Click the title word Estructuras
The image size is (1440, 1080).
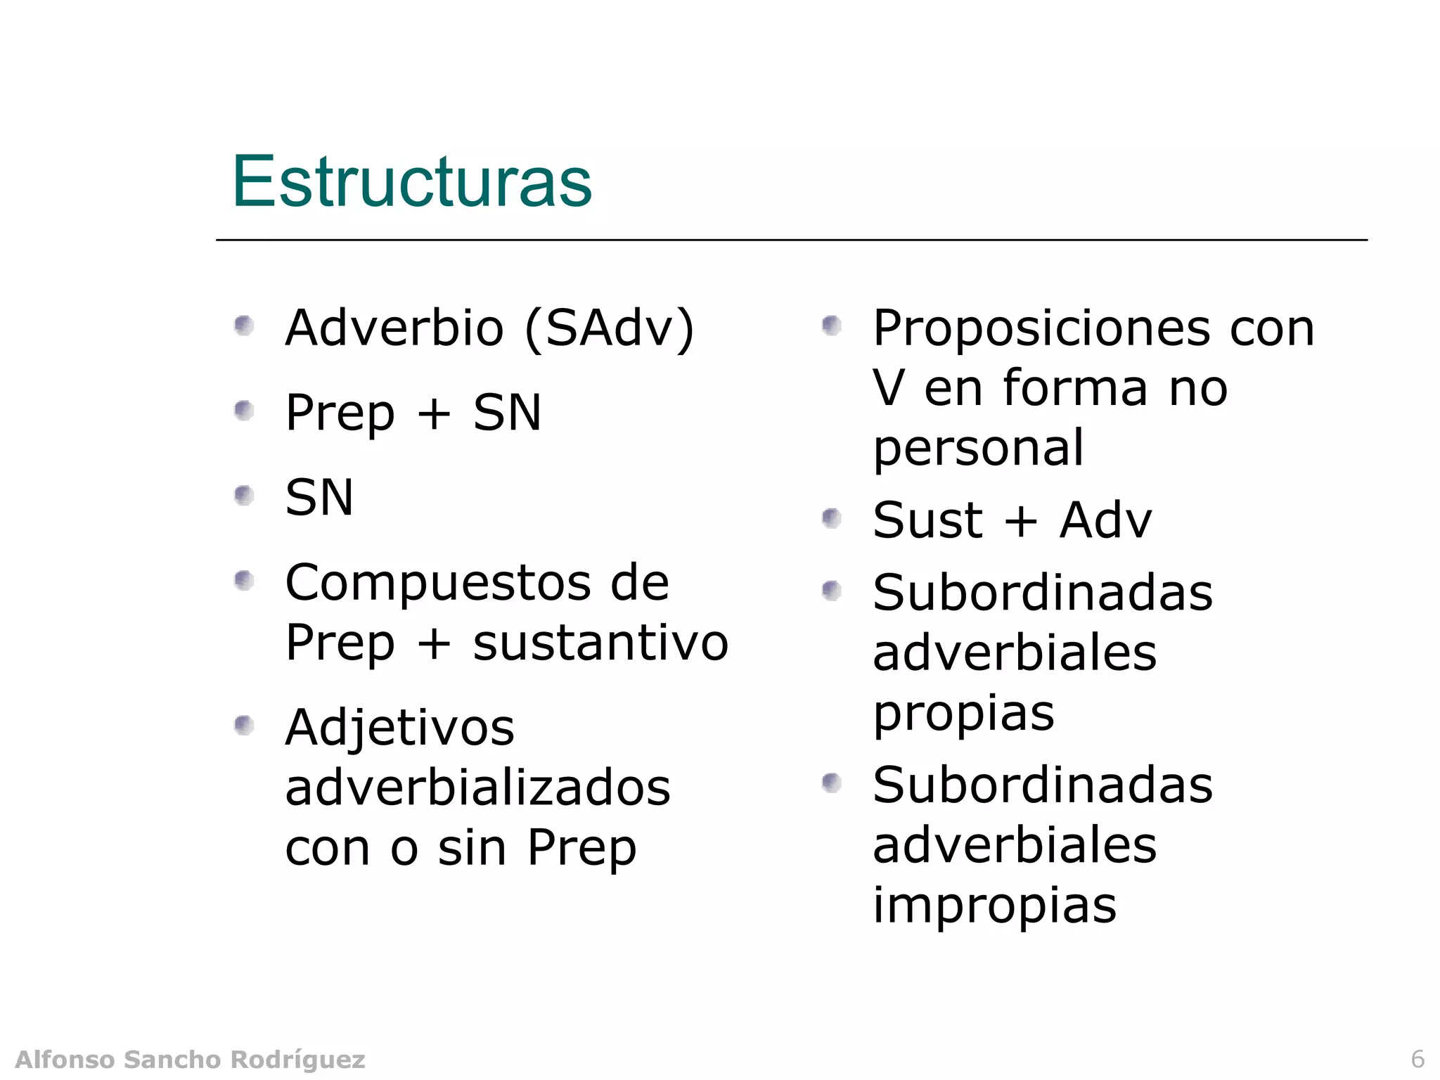(412, 181)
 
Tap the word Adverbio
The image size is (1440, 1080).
(394, 328)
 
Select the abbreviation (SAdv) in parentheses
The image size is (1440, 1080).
(610, 329)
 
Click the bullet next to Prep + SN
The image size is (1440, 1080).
(244, 411)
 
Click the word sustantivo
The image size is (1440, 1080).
(600, 643)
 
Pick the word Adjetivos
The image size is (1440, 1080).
(399, 728)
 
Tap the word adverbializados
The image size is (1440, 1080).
(478, 787)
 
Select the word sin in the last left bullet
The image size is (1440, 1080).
(472, 847)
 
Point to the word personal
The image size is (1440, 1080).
(978, 448)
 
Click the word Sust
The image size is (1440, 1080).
(927, 520)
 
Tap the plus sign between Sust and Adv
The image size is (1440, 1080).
(1021, 522)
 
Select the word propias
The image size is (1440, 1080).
(963, 714)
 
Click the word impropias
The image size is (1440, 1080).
(994, 906)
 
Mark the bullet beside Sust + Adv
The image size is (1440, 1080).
(832, 519)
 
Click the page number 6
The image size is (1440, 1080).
(1417, 1059)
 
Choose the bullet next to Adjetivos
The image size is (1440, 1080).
(244, 724)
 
